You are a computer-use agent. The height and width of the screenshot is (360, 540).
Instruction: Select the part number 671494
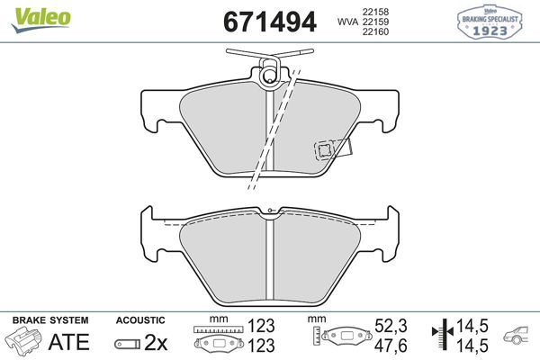coord(269,22)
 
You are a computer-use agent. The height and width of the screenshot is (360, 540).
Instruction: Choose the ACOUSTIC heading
coord(140,319)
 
